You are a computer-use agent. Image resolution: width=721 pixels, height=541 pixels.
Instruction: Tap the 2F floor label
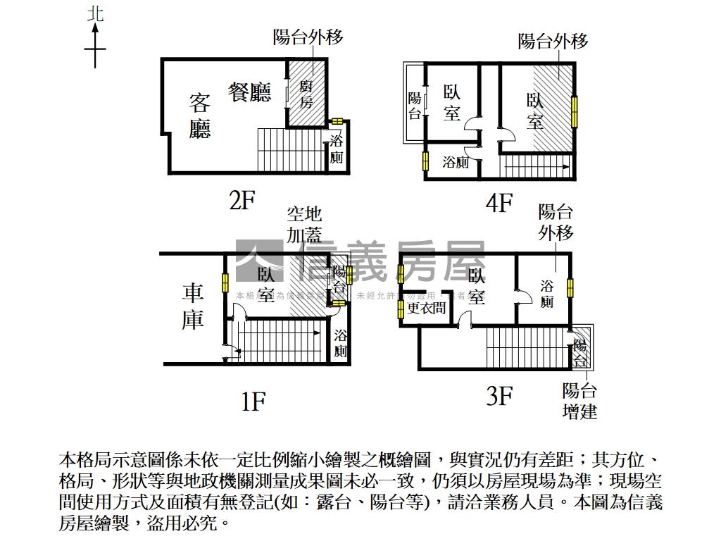(x=242, y=201)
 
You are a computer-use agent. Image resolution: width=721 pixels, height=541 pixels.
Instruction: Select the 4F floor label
(x=499, y=204)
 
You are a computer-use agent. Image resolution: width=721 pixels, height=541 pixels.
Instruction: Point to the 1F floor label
(x=253, y=402)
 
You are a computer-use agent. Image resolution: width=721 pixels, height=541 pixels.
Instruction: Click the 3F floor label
(x=499, y=397)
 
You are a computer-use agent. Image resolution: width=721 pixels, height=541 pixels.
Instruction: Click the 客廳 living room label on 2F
(x=200, y=116)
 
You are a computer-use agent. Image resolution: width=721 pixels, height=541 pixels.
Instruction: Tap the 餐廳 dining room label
(x=250, y=92)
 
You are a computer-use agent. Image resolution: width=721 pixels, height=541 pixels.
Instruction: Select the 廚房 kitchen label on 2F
(x=306, y=94)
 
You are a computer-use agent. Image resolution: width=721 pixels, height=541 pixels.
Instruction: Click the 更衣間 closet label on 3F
(x=427, y=308)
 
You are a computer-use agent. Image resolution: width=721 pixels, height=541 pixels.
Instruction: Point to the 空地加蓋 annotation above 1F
(x=304, y=223)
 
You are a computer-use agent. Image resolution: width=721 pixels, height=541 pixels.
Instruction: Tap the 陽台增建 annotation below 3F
(x=580, y=401)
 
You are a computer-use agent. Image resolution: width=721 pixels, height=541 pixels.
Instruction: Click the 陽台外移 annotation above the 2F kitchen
(x=308, y=37)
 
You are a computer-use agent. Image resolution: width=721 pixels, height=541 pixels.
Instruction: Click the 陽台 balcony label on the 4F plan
(x=415, y=106)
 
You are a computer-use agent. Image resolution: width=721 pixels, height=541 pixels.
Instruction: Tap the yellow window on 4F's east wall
(x=575, y=111)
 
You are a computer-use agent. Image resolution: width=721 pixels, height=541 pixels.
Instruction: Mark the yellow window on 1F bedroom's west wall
(x=225, y=282)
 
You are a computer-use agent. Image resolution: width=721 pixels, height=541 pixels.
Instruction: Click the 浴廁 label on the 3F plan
(x=547, y=294)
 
